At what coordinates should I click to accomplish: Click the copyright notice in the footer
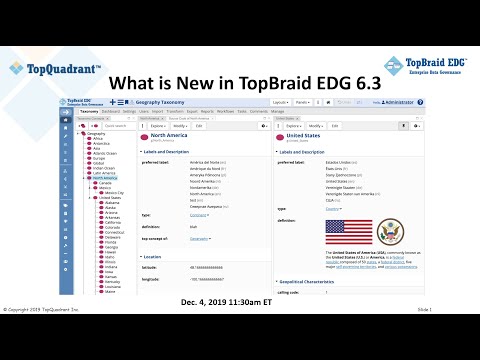click(x=45, y=338)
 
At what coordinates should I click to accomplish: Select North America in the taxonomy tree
click(x=105, y=177)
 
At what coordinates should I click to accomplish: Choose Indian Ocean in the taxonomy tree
click(x=104, y=166)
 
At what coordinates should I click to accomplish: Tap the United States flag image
click(x=348, y=232)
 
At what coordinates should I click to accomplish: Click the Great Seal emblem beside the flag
click(x=390, y=232)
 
